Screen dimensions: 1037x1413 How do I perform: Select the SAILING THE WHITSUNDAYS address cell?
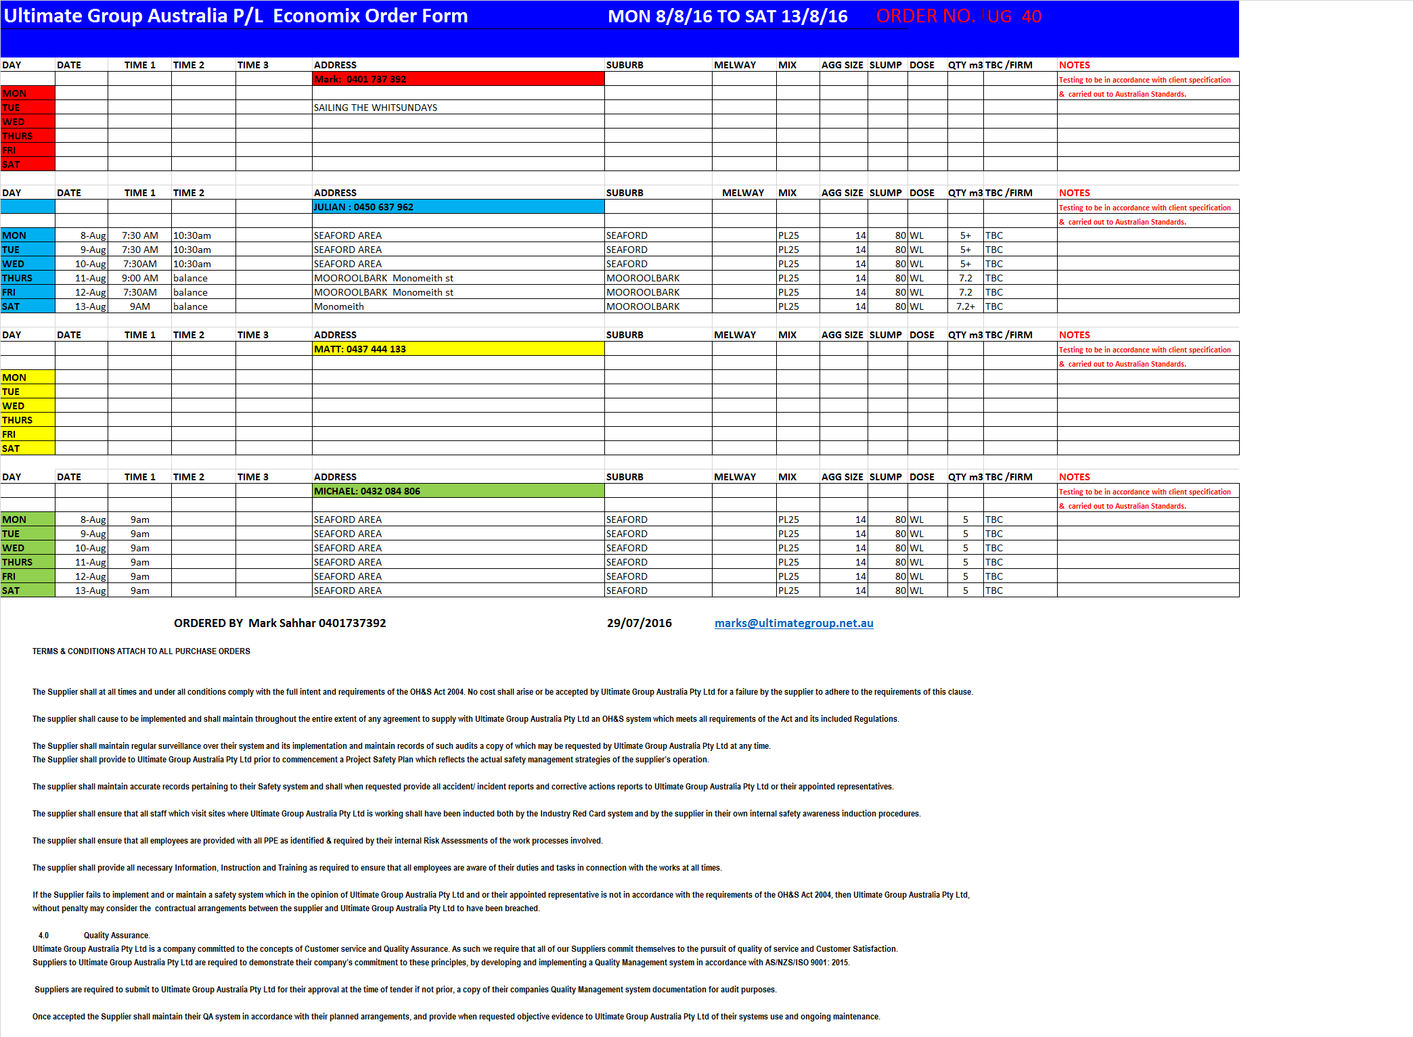point(376,108)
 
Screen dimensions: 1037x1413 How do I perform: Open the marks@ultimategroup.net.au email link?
point(794,623)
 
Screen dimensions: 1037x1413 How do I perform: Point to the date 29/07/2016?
point(639,623)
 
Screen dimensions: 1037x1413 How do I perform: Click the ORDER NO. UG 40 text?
point(958,16)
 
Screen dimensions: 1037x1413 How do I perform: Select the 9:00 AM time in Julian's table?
point(140,278)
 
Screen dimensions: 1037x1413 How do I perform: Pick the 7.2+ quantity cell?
point(966,306)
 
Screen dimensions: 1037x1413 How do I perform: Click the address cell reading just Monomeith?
point(339,306)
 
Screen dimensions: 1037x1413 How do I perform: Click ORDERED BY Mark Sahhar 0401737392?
point(279,623)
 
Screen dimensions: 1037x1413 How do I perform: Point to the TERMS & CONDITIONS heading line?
point(141,651)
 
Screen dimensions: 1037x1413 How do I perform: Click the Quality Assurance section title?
point(116,936)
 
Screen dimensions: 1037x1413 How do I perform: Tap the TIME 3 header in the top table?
point(253,65)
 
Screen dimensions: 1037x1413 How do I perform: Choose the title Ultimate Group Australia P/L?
point(133,16)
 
